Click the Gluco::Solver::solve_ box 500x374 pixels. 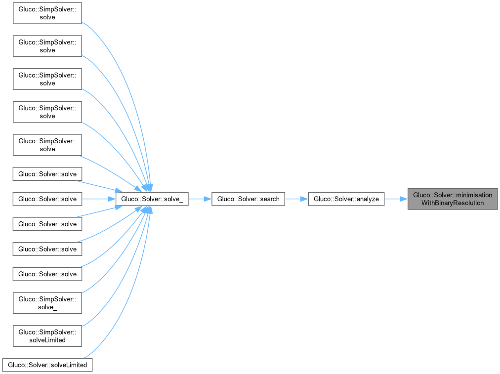[x=151, y=199]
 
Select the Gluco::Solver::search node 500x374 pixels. [x=248, y=199]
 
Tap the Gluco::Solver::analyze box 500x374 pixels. [x=346, y=199]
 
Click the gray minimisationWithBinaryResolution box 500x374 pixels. [x=453, y=199]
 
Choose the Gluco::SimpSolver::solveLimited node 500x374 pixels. [x=47, y=335]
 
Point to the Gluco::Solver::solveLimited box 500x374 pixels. [x=47, y=365]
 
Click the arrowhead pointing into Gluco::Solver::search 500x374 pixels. [x=208, y=199]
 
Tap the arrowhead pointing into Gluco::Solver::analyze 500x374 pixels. [x=305, y=199]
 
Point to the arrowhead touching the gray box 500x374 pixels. [x=405, y=199]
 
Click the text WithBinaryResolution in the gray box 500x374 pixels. [x=453, y=203]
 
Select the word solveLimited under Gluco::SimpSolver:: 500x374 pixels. [x=47, y=340]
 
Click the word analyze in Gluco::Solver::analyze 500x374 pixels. [x=367, y=199]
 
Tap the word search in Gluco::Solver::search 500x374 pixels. [x=269, y=199]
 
